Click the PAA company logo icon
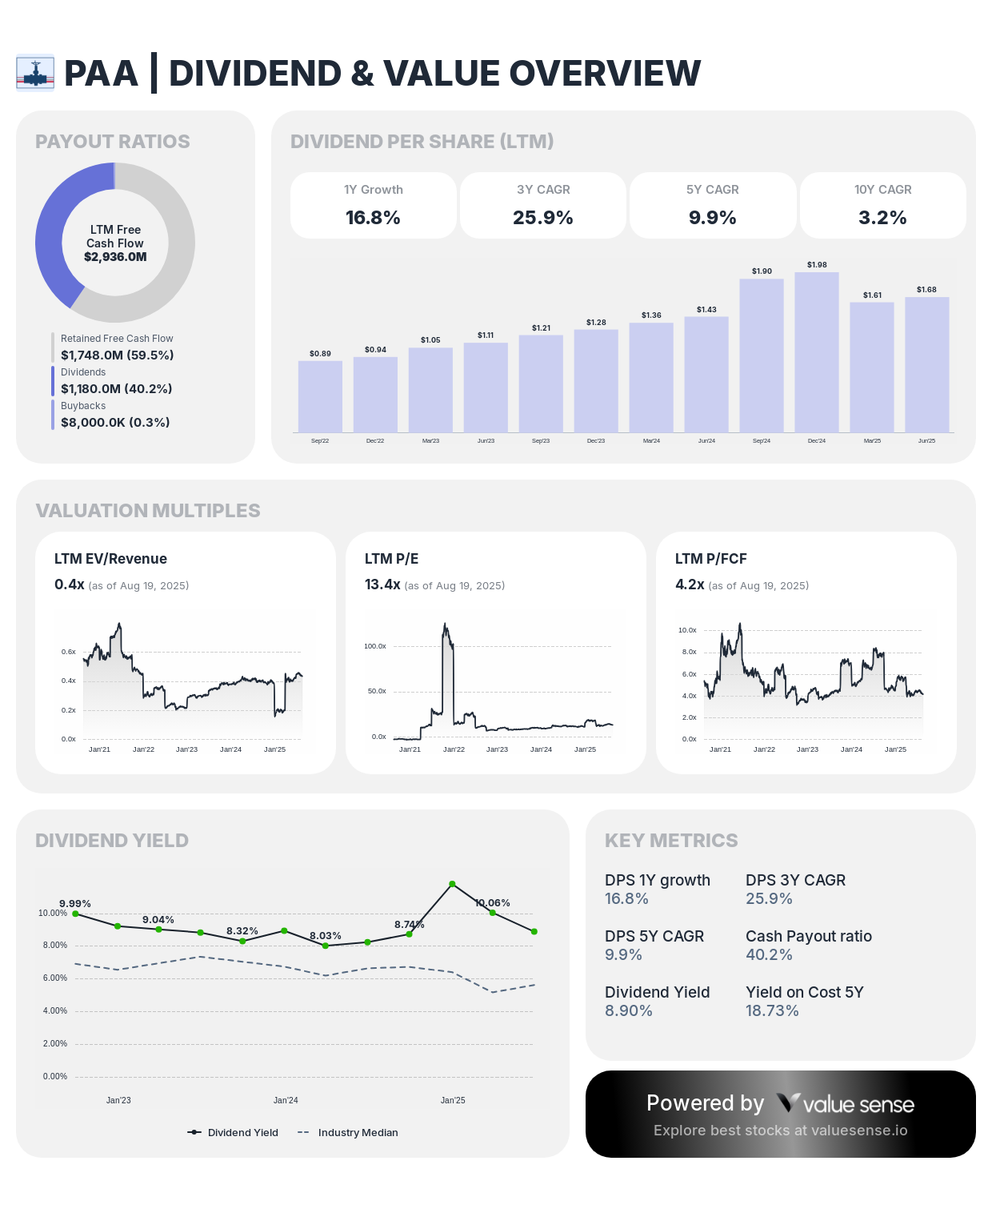click(35, 73)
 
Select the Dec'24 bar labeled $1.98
click(817, 352)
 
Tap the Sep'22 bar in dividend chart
click(320, 396)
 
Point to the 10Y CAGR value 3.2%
click(882, 217)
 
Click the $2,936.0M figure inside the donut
click(115, 257)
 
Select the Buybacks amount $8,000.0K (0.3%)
click(115, 422)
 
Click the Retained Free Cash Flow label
click(117, 339)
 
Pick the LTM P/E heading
click(391, 559)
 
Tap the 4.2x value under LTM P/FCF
click(690, 584)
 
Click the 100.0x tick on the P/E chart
click(375, 646)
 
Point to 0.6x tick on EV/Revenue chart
click(69, 652)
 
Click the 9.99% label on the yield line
click(75, 904)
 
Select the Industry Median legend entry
click(357, 1132)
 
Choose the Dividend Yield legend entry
click(242, 1132)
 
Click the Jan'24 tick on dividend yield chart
click(286, 1100)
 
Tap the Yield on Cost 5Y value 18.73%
click(772, 1010)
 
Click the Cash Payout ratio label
click(808, 936)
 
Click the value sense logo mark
click(788, 1103)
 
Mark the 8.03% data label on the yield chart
click(326, 935)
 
